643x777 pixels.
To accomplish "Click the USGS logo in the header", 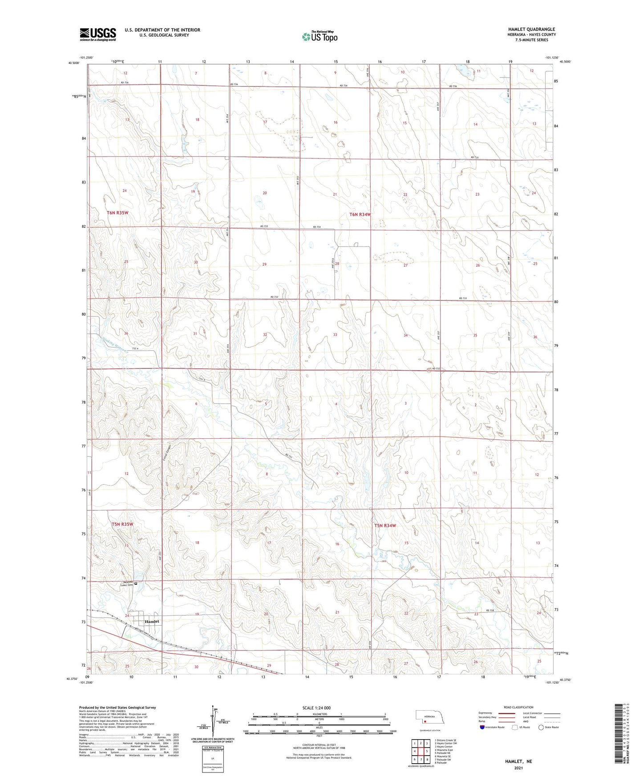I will coord(98,34).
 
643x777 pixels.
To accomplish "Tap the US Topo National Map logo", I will coord(319,36).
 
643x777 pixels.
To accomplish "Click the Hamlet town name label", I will coord(152,622).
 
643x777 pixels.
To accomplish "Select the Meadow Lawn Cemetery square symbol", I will coord(136,583).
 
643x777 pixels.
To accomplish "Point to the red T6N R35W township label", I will coord(117,213).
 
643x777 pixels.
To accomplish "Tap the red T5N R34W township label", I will coord(385,526).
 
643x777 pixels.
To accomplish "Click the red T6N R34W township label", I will coord(360,214).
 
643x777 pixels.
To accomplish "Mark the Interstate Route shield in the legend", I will coord(483,727).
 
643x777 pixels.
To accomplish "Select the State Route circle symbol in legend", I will coord(541,727).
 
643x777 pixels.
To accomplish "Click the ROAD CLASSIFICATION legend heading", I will coord(518,707).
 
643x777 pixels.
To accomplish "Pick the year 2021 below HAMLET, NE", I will coord(518,768).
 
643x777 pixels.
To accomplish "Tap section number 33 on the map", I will coord(335,335).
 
